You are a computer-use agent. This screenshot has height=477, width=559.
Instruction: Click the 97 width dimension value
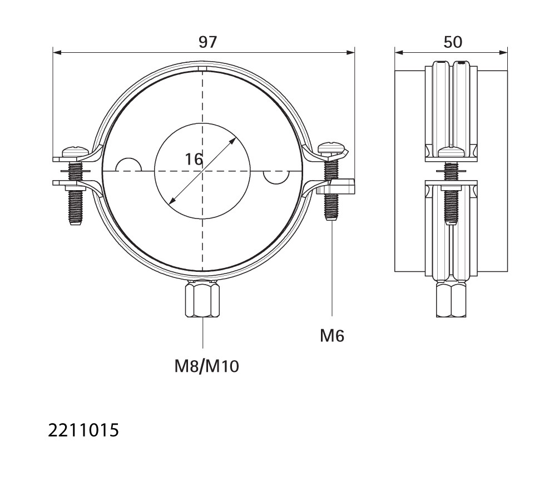[x=207, y=42]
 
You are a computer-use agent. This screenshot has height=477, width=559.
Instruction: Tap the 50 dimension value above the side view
[x=453, y=42]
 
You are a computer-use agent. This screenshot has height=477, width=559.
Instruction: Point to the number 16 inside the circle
[x=194, y=159]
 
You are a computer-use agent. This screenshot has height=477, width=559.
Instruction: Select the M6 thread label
[x=332, y=336]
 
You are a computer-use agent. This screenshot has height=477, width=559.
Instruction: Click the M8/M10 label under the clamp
[x=206, y=366]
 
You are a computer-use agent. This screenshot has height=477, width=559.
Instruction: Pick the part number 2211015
[x=83, y=430]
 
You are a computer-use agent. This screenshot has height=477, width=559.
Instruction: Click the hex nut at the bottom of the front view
[x=202, y=299]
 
